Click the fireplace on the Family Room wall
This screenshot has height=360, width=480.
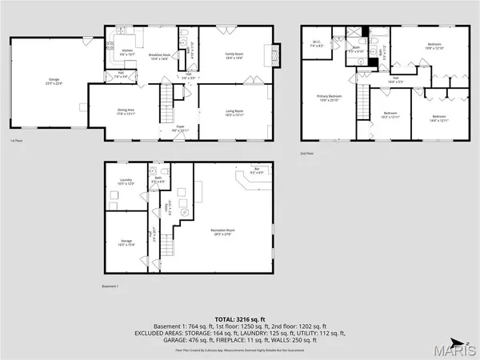tap(276, 55)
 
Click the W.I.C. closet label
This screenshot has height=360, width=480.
tap(317, 44)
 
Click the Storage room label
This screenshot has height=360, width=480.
tap(126, 241)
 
